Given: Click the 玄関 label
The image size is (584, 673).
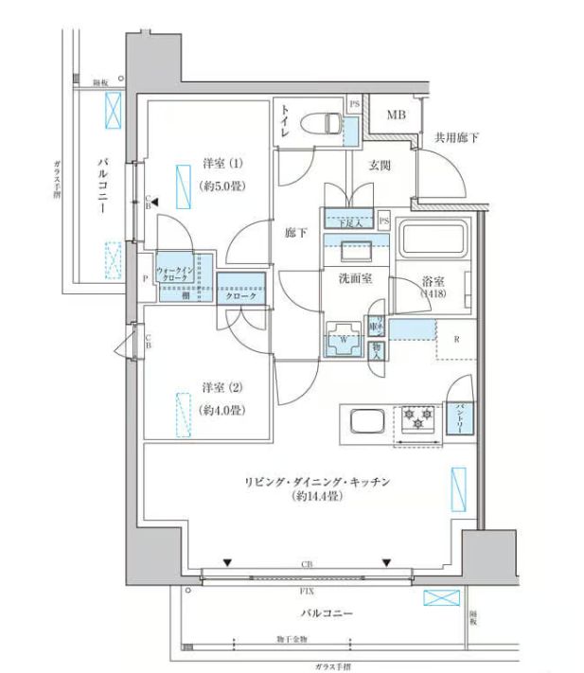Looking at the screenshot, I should tap(380, 165).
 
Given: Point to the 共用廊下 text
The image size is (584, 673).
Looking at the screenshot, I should tap(456, 138).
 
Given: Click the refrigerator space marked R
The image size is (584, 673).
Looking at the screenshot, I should tap(457, 339).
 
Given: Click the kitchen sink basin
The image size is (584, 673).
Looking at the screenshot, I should tap(364, 420).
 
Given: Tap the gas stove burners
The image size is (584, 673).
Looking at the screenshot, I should tap(416, 417).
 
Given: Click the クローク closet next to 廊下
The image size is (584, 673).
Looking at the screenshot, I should tap(240, 294).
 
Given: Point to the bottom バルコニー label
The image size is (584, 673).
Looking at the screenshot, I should tap(327, 613).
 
